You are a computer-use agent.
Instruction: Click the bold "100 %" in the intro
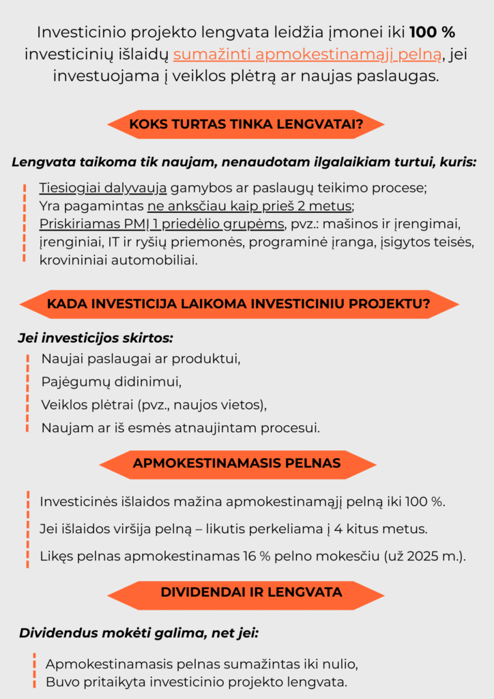pos(433,32)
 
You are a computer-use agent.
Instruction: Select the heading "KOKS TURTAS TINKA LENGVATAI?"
pos(246,124)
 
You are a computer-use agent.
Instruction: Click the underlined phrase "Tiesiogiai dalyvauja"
pos(103,188)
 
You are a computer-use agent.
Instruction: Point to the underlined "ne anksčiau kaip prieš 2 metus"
pos(250,205)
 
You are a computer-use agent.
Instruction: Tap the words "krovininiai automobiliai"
pos(118,260)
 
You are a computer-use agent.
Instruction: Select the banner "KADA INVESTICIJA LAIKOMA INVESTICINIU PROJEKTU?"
pos(238,304)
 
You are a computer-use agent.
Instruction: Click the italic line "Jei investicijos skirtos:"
pos(95,338)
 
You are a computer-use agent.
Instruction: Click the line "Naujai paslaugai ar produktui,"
pos(141,358)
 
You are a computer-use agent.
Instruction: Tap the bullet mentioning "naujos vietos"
pos(154,404)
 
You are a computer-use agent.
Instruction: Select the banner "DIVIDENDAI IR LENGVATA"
pos(251,592)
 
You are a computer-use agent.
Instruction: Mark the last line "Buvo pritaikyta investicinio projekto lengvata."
pos(197,682)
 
